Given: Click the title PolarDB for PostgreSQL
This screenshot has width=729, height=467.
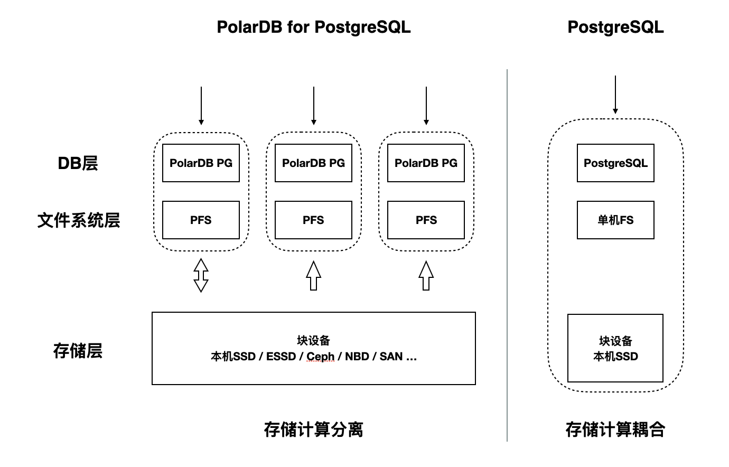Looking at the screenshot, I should coord(313,27).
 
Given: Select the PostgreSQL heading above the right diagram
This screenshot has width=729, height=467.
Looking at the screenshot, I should coord(615,27).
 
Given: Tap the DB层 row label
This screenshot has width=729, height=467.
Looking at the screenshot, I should coord(78,163).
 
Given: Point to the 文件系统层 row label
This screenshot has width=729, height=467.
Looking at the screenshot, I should coord(79,220).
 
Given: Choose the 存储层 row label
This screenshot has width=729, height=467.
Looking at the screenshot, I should coord(78,350).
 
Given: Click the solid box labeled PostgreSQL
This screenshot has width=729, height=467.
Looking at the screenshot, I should coord(615,163).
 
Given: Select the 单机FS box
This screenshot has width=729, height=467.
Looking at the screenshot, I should coord(615,220).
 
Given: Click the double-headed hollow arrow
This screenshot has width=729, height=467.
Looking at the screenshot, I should coord(201,275).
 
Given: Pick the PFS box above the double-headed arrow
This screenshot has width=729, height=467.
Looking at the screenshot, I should coord(201,220).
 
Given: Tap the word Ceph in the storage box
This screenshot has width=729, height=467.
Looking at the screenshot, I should coord(320,357).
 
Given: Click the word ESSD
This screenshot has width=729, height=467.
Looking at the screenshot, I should coord(281,357).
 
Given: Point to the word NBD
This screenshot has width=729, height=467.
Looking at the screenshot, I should coord(357,357).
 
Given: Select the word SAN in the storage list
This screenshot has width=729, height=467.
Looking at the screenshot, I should coord(391,357).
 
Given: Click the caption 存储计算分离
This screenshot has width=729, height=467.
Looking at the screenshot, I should coord(313,429).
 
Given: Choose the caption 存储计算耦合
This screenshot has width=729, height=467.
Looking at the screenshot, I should coord(615,429).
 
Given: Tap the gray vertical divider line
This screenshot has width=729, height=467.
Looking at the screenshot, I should coord(507,254).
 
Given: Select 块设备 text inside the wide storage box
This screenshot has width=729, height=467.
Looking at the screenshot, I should coord(313,341).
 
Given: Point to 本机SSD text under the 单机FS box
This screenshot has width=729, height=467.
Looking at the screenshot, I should coord(615,357).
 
